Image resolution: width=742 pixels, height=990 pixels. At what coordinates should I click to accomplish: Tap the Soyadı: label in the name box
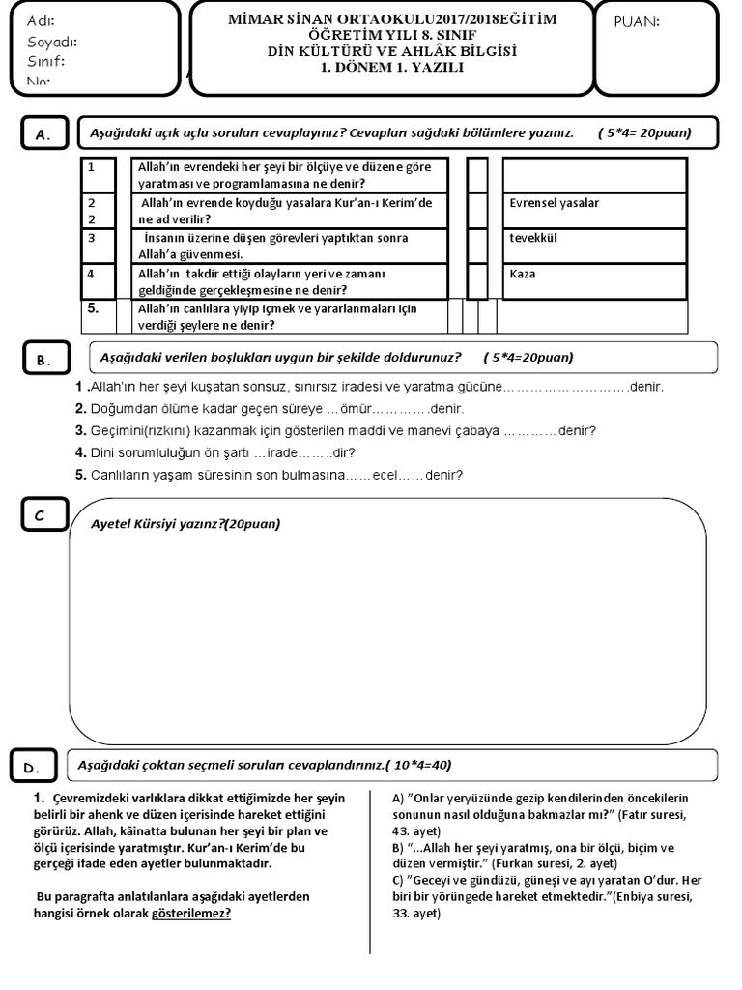tap(52, 42)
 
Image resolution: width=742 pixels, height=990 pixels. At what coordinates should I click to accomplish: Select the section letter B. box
tap(44, 361)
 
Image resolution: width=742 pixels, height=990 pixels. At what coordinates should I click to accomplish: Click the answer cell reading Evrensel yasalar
tap(595, 211)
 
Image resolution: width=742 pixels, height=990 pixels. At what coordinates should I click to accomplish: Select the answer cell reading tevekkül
tap(595, 246)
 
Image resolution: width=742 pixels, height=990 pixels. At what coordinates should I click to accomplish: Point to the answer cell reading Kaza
tap(595, 280)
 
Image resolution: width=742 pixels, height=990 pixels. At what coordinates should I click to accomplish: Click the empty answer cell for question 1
tap(595, 176)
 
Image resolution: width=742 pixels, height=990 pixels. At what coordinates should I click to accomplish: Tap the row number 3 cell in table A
tap(104, 246)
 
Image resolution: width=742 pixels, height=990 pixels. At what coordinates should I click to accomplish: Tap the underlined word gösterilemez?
tap(191, 912)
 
